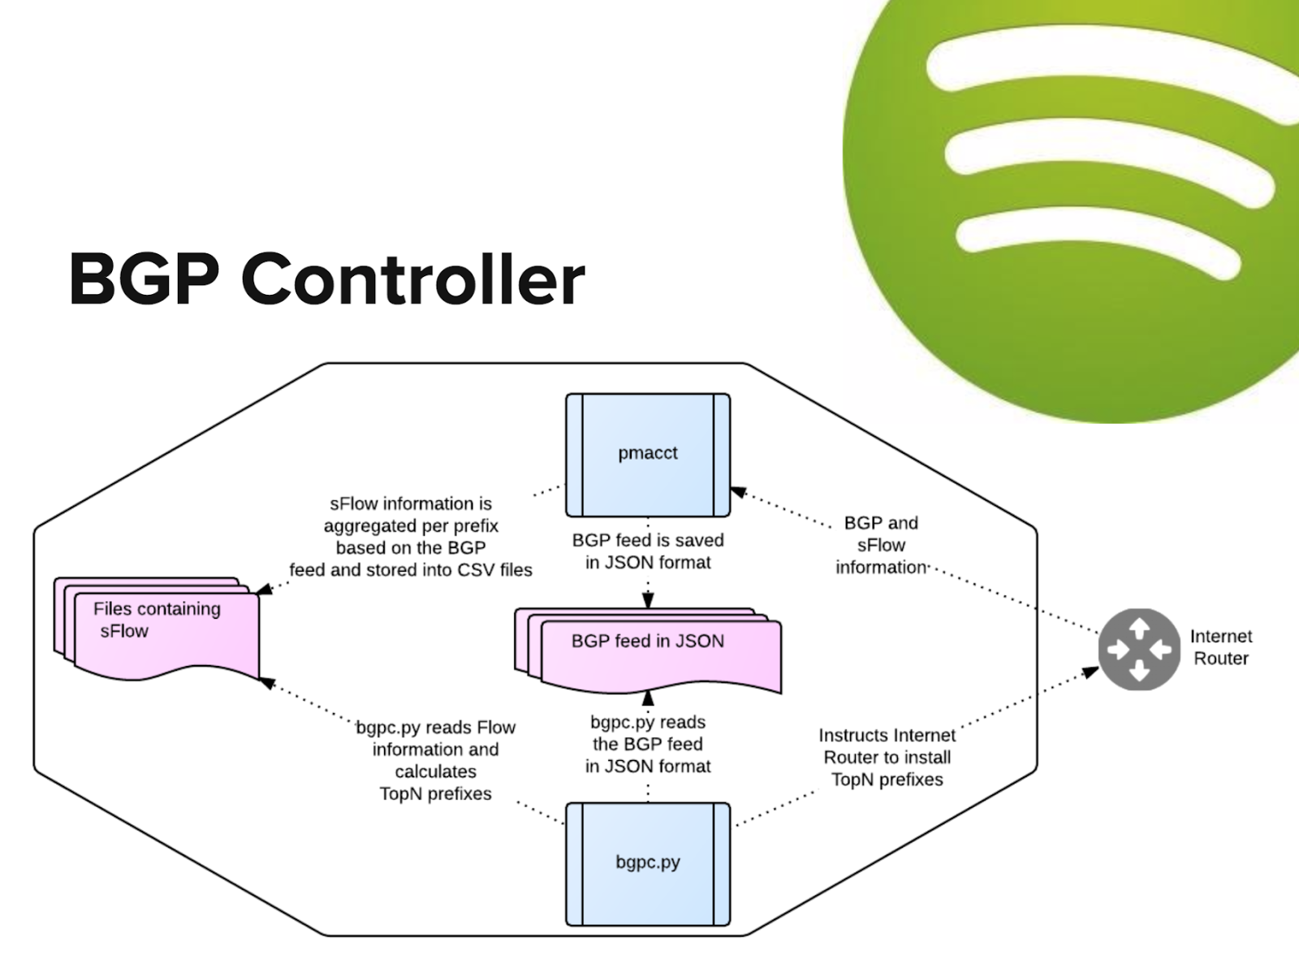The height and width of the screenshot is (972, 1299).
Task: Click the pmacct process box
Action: [647, 455]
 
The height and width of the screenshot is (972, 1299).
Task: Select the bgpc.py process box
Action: [647, 864]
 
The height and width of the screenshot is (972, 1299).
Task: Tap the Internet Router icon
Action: [1138, 649]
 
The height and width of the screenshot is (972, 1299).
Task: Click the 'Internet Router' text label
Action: [1220, 647]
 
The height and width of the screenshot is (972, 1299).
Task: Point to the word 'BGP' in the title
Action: [144, 279]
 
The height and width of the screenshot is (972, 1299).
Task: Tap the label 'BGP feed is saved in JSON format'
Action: [647, 551]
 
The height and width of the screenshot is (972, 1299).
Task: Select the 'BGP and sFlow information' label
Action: [881, 545]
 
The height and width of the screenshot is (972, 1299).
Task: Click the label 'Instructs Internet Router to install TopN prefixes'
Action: [887, 757]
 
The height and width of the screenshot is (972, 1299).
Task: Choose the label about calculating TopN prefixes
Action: [435, 760]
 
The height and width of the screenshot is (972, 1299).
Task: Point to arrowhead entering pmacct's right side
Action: [738, 492]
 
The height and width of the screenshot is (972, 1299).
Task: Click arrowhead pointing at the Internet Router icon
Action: [1090, 672]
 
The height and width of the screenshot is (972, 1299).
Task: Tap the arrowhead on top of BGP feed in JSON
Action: [647, 601]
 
